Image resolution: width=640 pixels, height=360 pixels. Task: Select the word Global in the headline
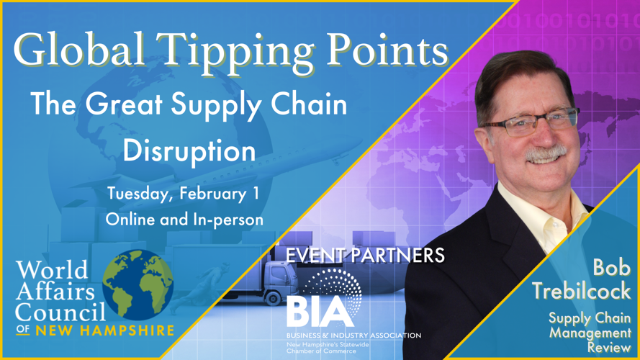[x=79, y=50]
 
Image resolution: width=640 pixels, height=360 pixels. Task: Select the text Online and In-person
[x=184, y=220]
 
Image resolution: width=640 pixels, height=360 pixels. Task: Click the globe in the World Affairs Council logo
[x=138, y=285]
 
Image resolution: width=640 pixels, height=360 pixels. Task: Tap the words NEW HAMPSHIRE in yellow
[x=105, y=330]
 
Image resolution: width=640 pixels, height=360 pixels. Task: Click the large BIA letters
[x=320, y=312]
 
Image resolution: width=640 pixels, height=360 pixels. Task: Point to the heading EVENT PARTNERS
[x=365, y=256]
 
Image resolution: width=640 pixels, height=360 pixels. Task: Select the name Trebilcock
[x=581, y=292]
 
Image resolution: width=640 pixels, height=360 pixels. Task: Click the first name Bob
[x=612, y=268]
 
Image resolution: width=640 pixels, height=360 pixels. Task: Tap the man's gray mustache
[x=546, y=153]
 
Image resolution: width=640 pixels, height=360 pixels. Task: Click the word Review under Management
[x=609, y=348]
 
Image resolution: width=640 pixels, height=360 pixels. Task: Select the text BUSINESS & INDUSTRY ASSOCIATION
[x=353, y=336]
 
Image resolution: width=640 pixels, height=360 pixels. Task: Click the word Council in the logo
[x=60, y=312]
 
